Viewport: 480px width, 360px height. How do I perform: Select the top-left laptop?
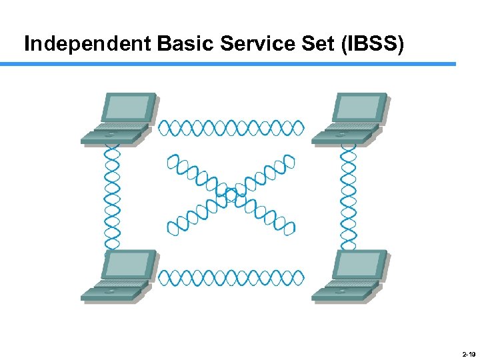(119, 119)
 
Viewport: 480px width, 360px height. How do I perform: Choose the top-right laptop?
(350, 119)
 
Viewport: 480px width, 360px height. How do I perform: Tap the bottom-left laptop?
(119, 276)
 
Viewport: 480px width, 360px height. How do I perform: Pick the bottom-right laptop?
(350, 276)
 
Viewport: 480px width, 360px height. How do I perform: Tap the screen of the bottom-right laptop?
(359, 265)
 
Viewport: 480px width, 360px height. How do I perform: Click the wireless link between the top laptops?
(231, 127)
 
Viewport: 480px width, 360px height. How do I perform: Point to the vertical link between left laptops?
(113, 197)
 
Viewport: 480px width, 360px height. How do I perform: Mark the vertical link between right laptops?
(348, 197)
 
